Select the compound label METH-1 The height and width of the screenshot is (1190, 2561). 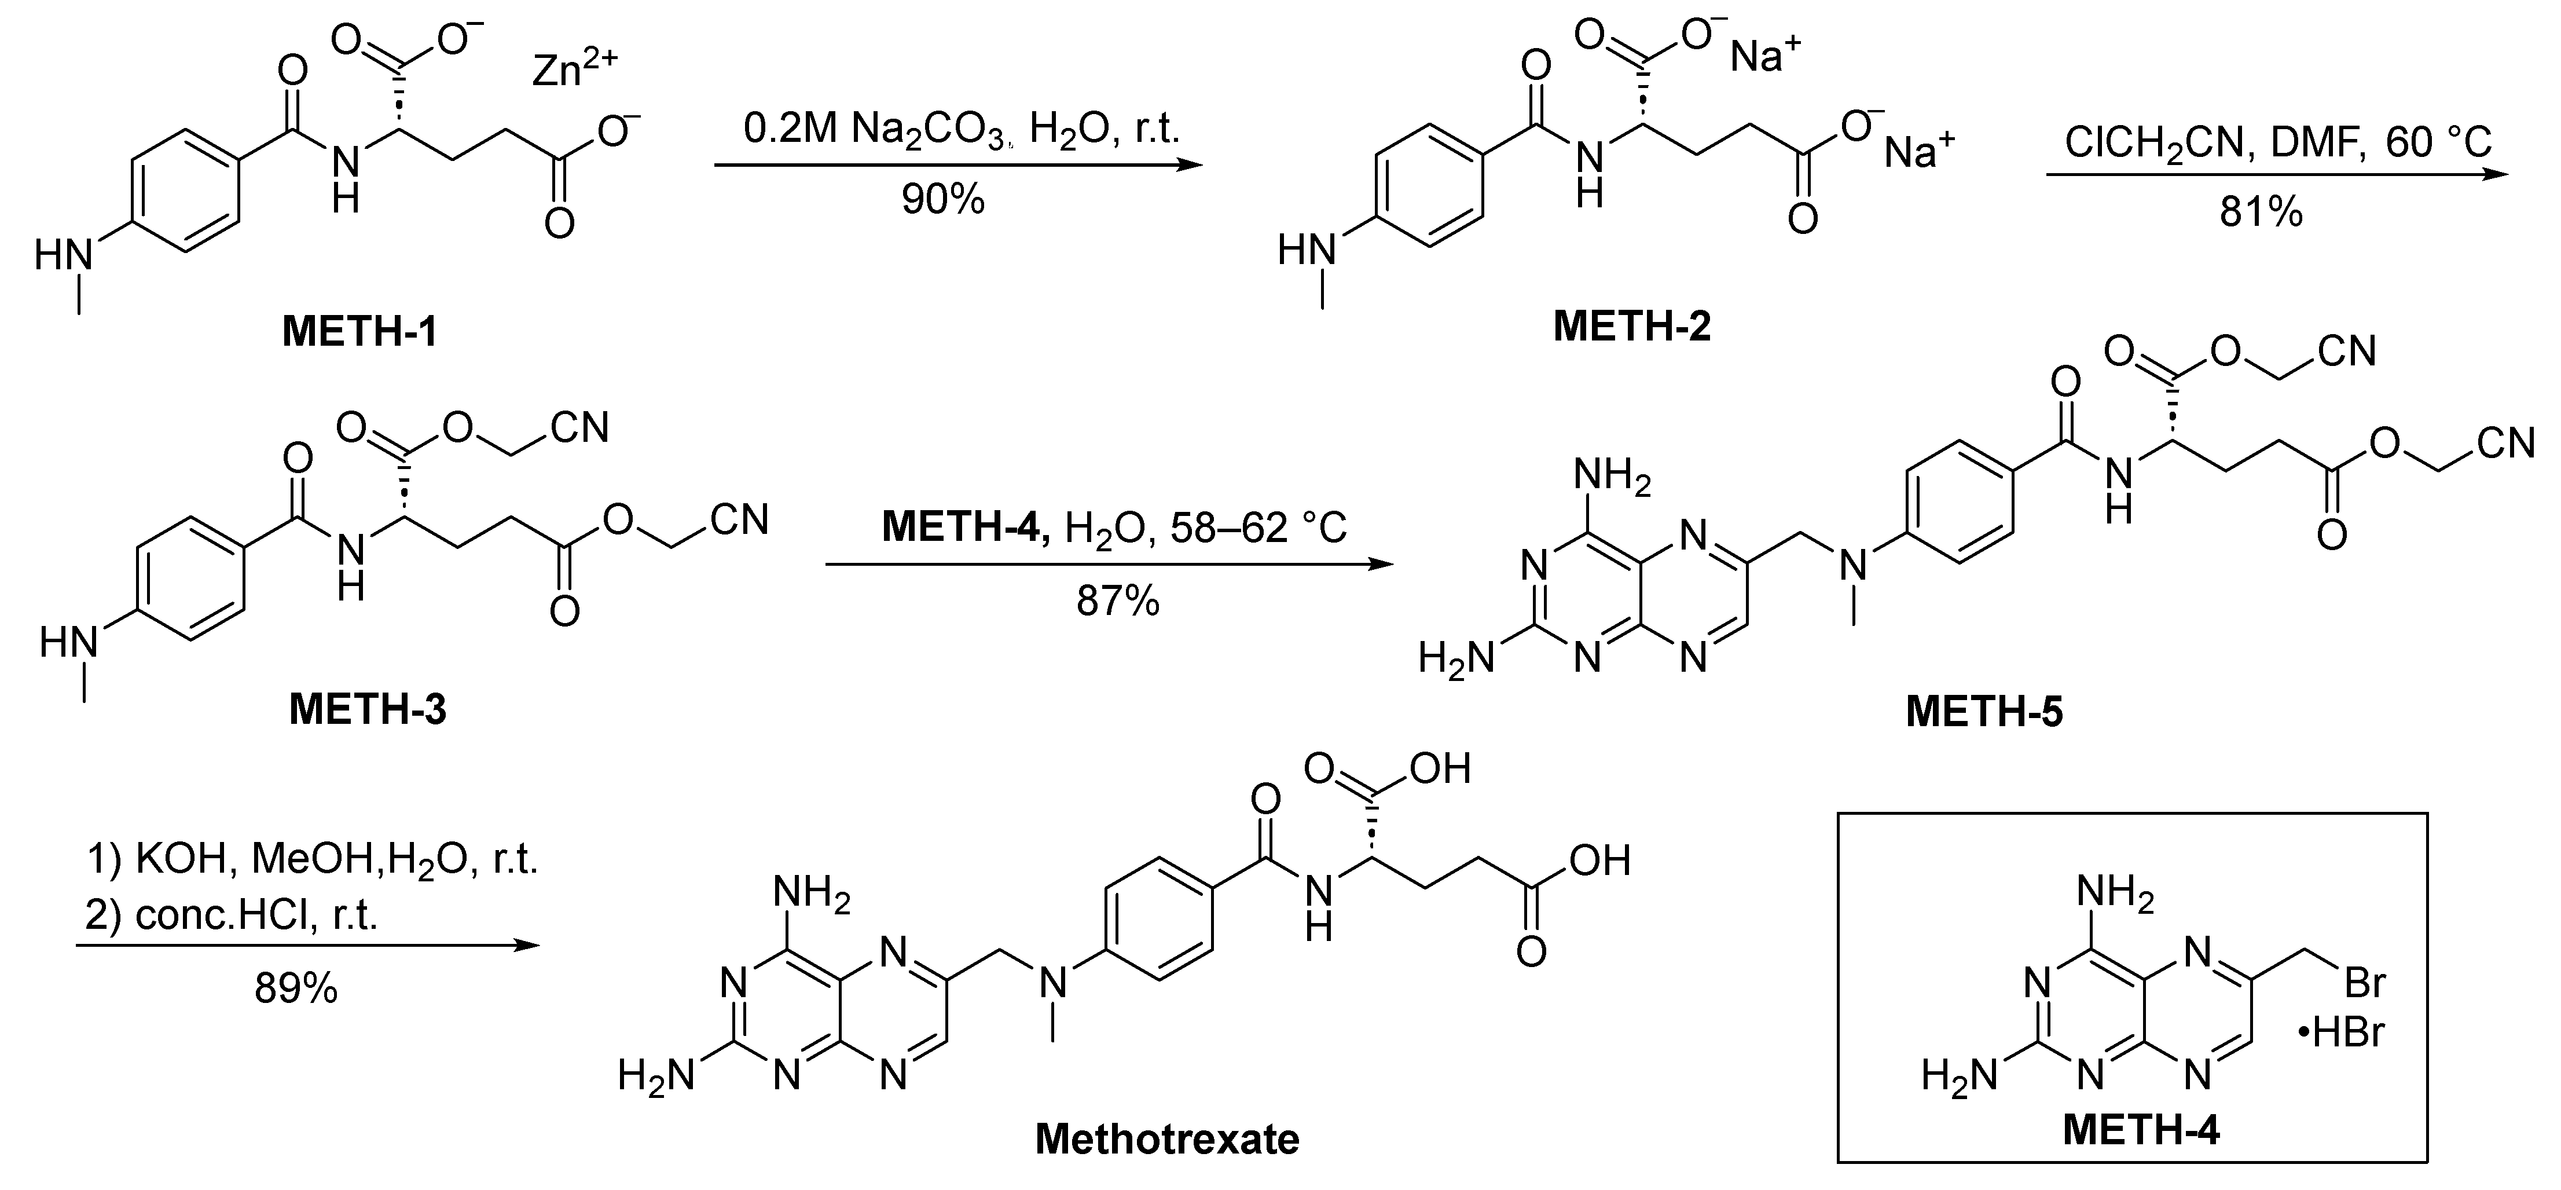pos(360,332)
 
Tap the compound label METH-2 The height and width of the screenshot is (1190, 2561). pos(1631,326)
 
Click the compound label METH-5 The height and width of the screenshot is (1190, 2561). pos(1983,712)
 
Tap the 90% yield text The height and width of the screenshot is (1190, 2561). pos(942,200)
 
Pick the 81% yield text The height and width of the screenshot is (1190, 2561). pos(2261,212)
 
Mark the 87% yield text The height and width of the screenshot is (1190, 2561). pos(1117,602)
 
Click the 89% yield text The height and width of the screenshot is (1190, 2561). pos(295,989)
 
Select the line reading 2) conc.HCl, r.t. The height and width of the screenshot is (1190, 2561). pos(232,914)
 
